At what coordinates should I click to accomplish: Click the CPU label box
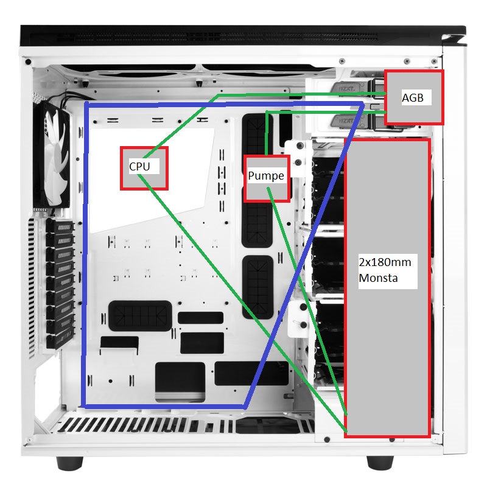144,167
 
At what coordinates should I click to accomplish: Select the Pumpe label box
266,178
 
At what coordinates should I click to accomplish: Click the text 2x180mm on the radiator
385,262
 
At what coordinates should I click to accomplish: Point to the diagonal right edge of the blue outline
304,256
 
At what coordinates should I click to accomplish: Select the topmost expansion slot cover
60,226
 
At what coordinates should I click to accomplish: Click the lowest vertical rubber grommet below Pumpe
256,287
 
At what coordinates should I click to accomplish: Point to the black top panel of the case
243,32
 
